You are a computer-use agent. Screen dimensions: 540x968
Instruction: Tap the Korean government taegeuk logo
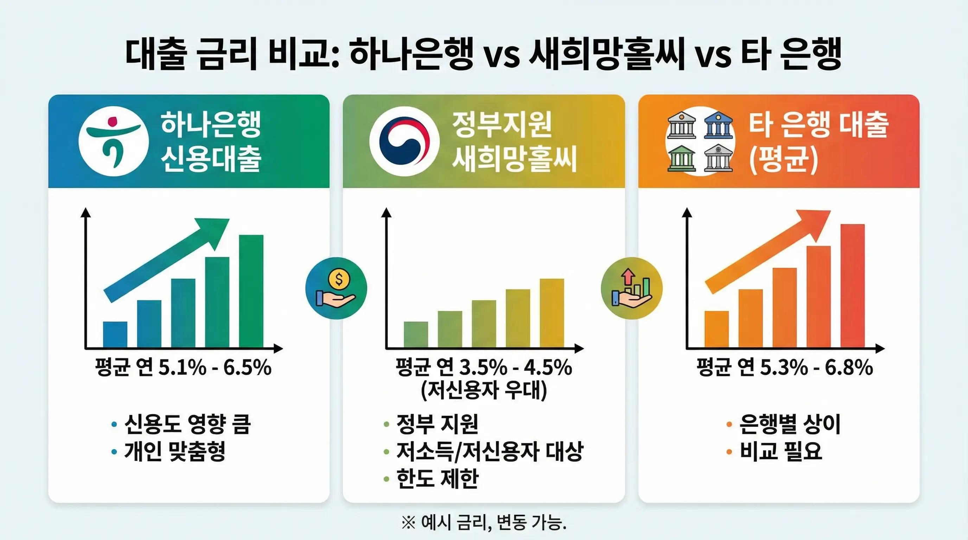click(404, 141)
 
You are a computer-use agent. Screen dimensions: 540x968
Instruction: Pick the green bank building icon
click(681, 158)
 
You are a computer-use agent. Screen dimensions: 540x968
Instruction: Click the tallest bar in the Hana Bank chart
click(251, 291)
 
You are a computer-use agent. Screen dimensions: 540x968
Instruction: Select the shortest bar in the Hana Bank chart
click(115, 334)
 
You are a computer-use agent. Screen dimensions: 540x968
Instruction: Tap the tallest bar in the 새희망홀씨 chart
click(552, 313)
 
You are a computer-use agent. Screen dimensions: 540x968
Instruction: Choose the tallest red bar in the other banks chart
click(852, 285)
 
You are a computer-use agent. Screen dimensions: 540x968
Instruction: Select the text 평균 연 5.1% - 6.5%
click(183, 367)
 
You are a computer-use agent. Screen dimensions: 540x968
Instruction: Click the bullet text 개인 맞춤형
click(175, 451)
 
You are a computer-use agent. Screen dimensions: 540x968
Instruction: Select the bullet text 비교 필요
click(781, 451)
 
